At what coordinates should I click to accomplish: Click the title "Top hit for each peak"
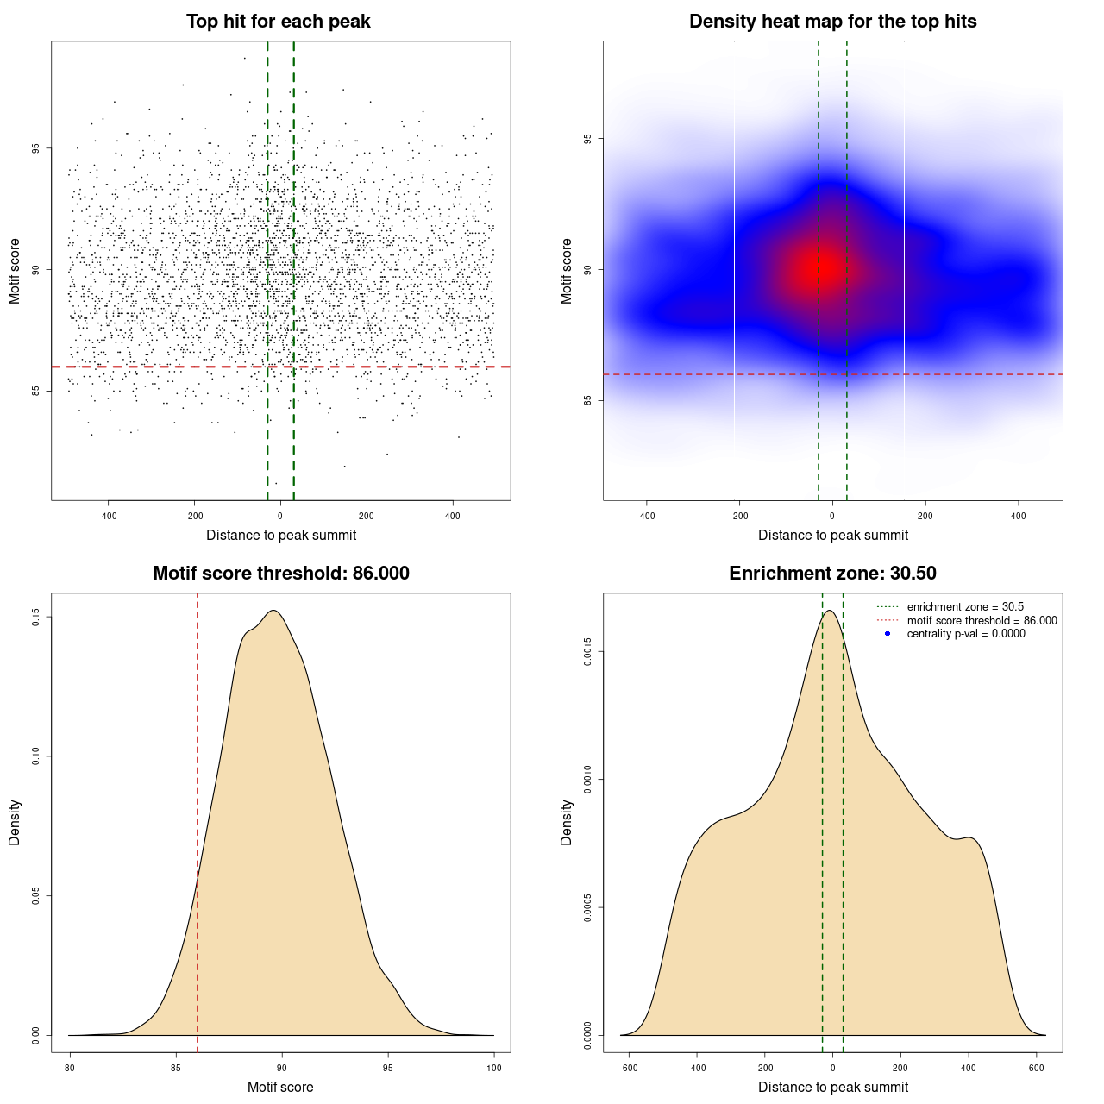279,22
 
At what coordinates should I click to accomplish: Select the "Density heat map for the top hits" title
832,22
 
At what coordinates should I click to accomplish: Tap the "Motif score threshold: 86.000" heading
280,574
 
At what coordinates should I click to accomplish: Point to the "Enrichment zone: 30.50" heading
832,574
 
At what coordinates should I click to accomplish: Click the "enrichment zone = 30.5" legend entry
965,607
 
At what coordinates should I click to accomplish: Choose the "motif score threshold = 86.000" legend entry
982,620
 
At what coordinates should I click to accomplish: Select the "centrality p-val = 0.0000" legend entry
966,633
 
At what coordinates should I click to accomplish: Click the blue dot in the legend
888,633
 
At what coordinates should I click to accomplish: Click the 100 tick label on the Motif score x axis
493,1068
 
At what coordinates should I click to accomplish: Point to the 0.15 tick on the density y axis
35,617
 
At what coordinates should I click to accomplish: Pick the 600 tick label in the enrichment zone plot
1037,1068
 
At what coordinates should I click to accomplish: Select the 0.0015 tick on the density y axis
587,651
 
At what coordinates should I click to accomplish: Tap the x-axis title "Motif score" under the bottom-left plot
280,1087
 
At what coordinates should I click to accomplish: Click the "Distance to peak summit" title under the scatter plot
281,535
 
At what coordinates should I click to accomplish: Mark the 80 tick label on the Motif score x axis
70,1068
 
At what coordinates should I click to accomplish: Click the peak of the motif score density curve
273,611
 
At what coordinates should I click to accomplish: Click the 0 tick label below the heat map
832,516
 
